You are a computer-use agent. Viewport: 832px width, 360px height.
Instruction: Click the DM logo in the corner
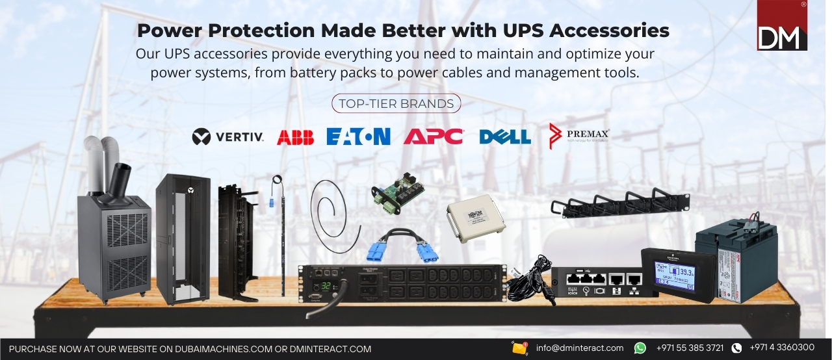coord(782,26)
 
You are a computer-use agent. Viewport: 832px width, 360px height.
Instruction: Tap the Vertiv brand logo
coord(228,136)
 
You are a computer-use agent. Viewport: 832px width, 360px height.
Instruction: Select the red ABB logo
coord(295,137)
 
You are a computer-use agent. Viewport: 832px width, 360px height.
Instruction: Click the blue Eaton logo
coord(358,136)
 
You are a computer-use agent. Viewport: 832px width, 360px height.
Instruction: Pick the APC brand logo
coord(433,136)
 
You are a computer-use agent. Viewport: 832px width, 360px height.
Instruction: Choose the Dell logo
coord(505,136)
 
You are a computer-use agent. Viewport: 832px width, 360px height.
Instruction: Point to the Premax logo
coord(579,136)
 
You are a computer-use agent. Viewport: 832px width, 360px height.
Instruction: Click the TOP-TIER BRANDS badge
coord(396,103)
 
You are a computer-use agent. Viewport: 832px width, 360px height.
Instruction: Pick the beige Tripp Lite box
coord(476,220)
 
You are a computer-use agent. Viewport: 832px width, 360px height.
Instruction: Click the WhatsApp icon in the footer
coord(640,348)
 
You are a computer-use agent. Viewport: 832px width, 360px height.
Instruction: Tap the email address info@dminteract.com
coord(579,348)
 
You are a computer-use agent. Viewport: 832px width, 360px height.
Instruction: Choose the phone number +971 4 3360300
coord(782,348)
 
